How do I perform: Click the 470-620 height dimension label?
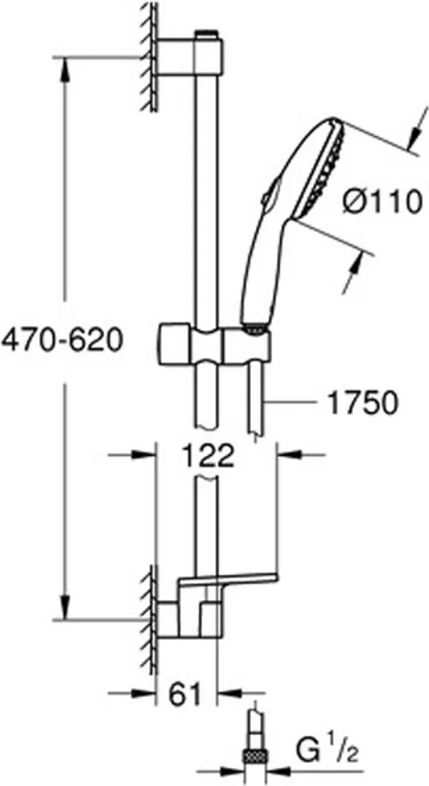pos(61,342)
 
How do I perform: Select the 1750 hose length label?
pos(361,402)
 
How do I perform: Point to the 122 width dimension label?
pos(207,455)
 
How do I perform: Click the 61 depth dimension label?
pos(186,693)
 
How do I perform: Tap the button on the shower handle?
pos(269,192)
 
